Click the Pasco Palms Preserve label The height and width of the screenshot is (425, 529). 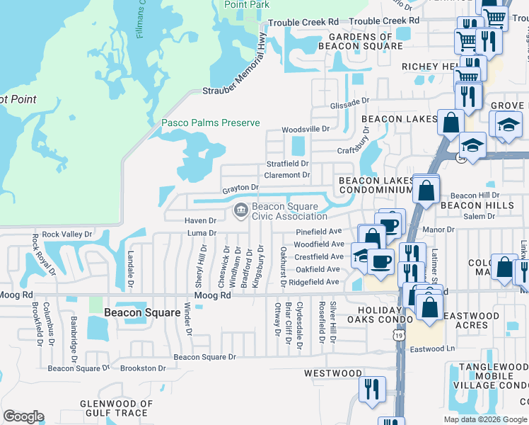[x=211, y=123]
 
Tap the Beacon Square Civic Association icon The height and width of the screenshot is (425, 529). [x=240, y=210]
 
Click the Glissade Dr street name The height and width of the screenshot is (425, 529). [x=349, y=103]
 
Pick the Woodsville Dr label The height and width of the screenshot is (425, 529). [x=306, y=130]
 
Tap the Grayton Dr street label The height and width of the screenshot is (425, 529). [x=240, y=188]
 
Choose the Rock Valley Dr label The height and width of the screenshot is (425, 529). [x=67, y=234]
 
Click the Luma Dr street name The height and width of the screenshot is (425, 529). [x=202, y=233]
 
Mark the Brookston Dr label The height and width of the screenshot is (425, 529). [x=143, y=368]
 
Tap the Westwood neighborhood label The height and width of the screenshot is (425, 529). [x=333, y=373]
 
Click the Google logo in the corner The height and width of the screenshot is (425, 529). [x=23, y=416]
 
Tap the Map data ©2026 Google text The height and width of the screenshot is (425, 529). [x=484, y=419]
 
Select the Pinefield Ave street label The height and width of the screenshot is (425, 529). [x=319, y=232]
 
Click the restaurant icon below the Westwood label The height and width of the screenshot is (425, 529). [x=371, y=390]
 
